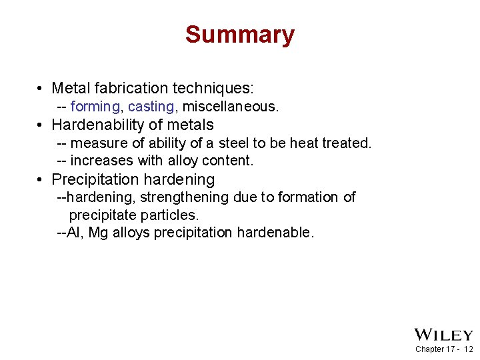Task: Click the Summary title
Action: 240,35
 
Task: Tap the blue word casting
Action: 151,107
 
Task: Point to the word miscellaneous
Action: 230,107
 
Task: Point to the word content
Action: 230,161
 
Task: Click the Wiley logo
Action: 443,335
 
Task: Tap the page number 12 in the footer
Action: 468,349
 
